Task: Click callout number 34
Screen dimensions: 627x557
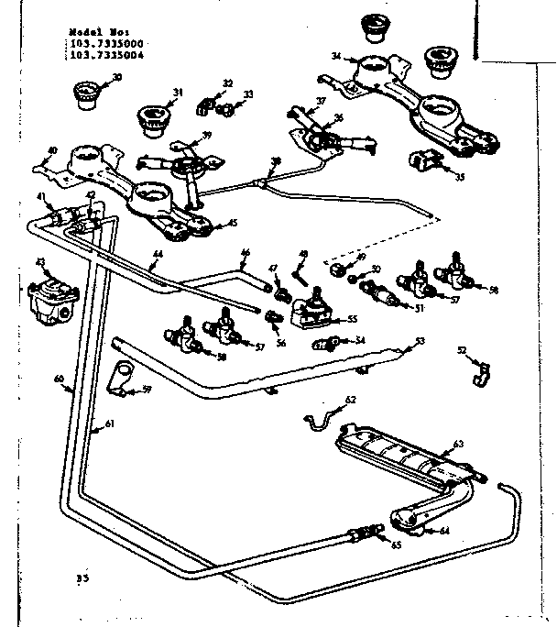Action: coord(336,57)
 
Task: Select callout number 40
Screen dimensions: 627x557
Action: coord(52,150)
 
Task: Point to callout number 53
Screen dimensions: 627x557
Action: coord(420,341)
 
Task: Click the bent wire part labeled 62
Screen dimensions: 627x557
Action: coord(318,417)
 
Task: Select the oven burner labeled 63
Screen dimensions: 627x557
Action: coord(403,455)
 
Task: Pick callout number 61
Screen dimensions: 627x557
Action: coord(109,423)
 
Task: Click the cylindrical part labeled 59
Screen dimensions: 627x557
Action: coord(118,377)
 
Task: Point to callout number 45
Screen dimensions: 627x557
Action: coord(233,221)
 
